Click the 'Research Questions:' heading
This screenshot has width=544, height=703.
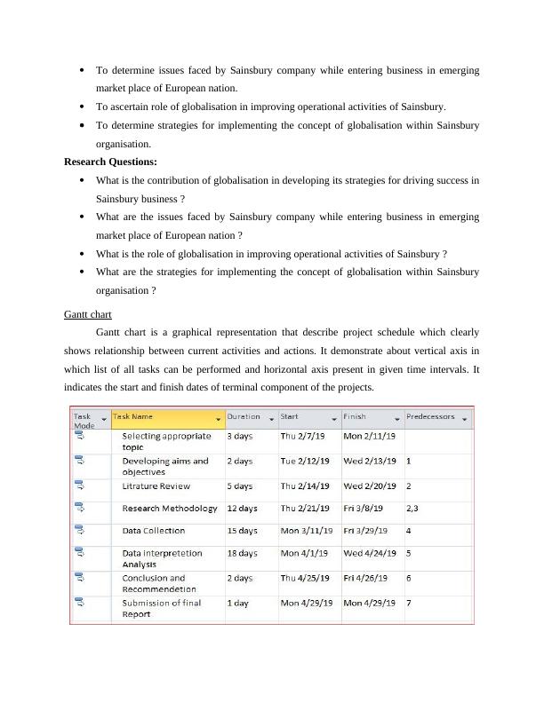point(110,162)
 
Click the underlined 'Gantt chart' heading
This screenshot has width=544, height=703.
point(88,314)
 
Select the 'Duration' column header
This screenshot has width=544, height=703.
point(244,416)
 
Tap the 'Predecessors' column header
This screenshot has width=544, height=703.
point(430,416)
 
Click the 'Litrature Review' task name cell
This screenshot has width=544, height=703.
point(156,486)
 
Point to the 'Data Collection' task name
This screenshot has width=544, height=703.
point(154,531)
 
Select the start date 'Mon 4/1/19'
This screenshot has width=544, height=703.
point(306,553)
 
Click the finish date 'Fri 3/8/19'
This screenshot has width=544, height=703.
point(364,509)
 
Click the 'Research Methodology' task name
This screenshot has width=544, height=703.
point(170,509)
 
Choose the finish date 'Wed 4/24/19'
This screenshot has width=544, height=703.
point(371,553)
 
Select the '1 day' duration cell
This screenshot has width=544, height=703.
point(238,603)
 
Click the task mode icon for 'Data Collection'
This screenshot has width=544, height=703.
point(79,530)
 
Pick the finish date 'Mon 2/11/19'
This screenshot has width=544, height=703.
point(370,436)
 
